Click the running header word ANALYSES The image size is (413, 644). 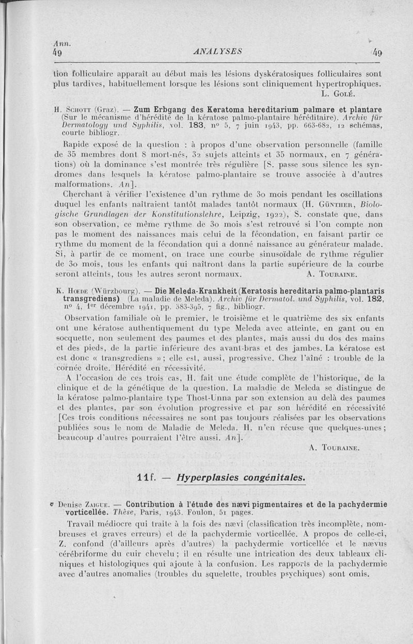(213, 51)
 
